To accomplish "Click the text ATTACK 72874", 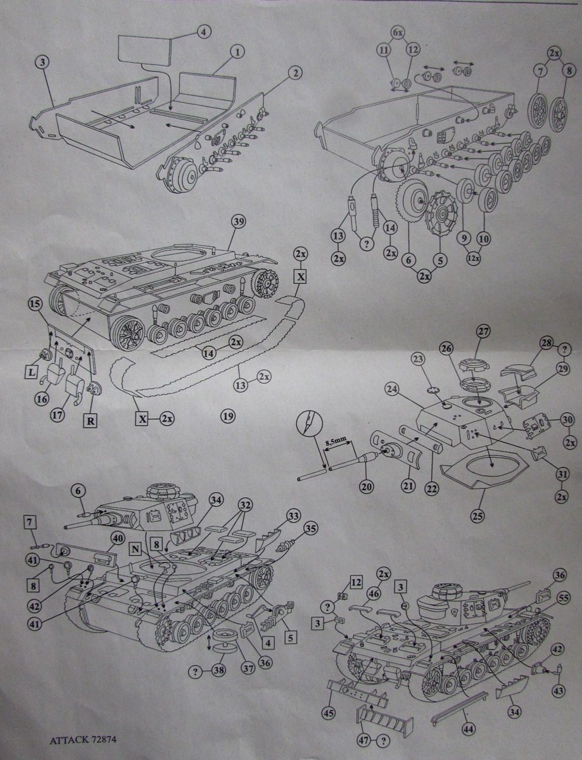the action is pyautogui.click(x=82, y=739).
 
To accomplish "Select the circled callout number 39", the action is pyautogui.click(x=238, y=222).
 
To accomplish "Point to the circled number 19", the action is pyautogui.click(x=229, y=415).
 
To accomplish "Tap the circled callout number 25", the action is pyautogui.click(x=477, y=515).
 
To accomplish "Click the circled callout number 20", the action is pyautogui.click(x=367, y=486).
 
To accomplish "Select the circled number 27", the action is pyautogui.click(x=483, y=331).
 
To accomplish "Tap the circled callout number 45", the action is pyautogui.click(x=328, y=712).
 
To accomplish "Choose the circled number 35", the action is pyautogui.click(x=309, y=528).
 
